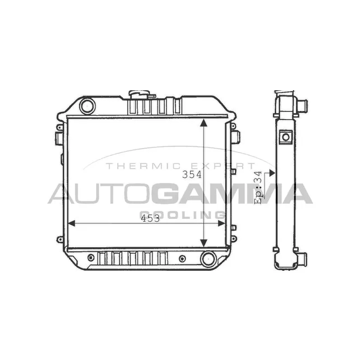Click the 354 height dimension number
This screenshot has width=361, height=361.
[x=191, y=175]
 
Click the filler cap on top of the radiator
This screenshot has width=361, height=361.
[x=142, y=95]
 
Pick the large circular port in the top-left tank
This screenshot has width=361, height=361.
[x=87, y=106]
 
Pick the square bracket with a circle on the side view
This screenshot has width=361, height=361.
[x=285, y=137]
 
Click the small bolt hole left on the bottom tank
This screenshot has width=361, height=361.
[x=92, y=258]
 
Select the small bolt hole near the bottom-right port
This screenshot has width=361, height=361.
[x=182, y=259]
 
